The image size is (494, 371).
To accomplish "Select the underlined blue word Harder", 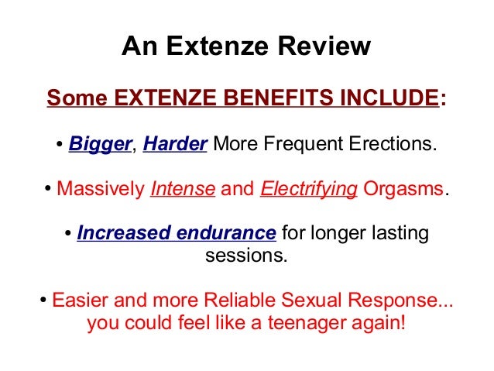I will coord(175,145).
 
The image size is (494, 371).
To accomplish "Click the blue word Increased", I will coord(119,233).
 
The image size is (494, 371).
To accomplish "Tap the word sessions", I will coord(246,254).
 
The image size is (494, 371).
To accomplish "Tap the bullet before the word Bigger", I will coord(60,146).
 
